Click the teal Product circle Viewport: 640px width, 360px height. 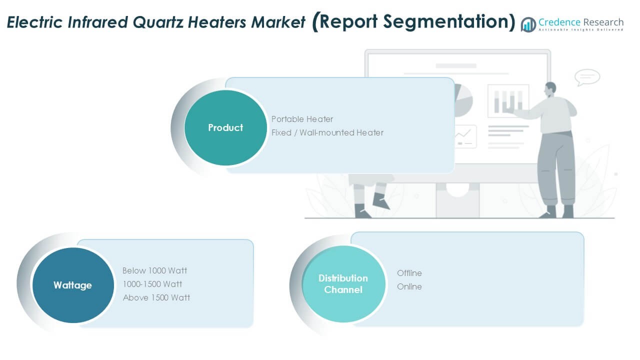[x=225, y=127]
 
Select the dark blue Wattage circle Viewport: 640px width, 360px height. [x=73, y=285]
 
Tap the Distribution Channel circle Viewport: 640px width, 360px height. [x=343, y=284]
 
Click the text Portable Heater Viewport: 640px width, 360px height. [x=302, y=119]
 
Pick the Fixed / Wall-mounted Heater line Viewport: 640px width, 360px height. [x=327, y=132]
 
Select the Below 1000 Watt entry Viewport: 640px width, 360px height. [x=154, y=270]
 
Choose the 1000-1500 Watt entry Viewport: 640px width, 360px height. [x=152, y=284]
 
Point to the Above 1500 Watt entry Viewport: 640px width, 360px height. [x=156, y=297]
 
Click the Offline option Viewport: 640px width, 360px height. [x=409, y=273]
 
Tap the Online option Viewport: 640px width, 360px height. [x=409, y=286]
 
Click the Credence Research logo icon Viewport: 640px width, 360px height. [x=528, y=24]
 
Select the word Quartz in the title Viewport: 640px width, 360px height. [x=157, y=22]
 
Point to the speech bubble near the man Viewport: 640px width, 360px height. [x=587, y=77]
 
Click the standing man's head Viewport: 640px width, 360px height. [x=549, y=89]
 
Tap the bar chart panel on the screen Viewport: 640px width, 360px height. [x=508, y=101]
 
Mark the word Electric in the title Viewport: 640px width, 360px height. [x=34, y=22]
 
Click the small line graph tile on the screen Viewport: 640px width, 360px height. [x=465, y=136]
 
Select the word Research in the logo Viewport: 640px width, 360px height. [x=603, y=22]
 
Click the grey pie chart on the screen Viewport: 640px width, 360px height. [x=463, y=100]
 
